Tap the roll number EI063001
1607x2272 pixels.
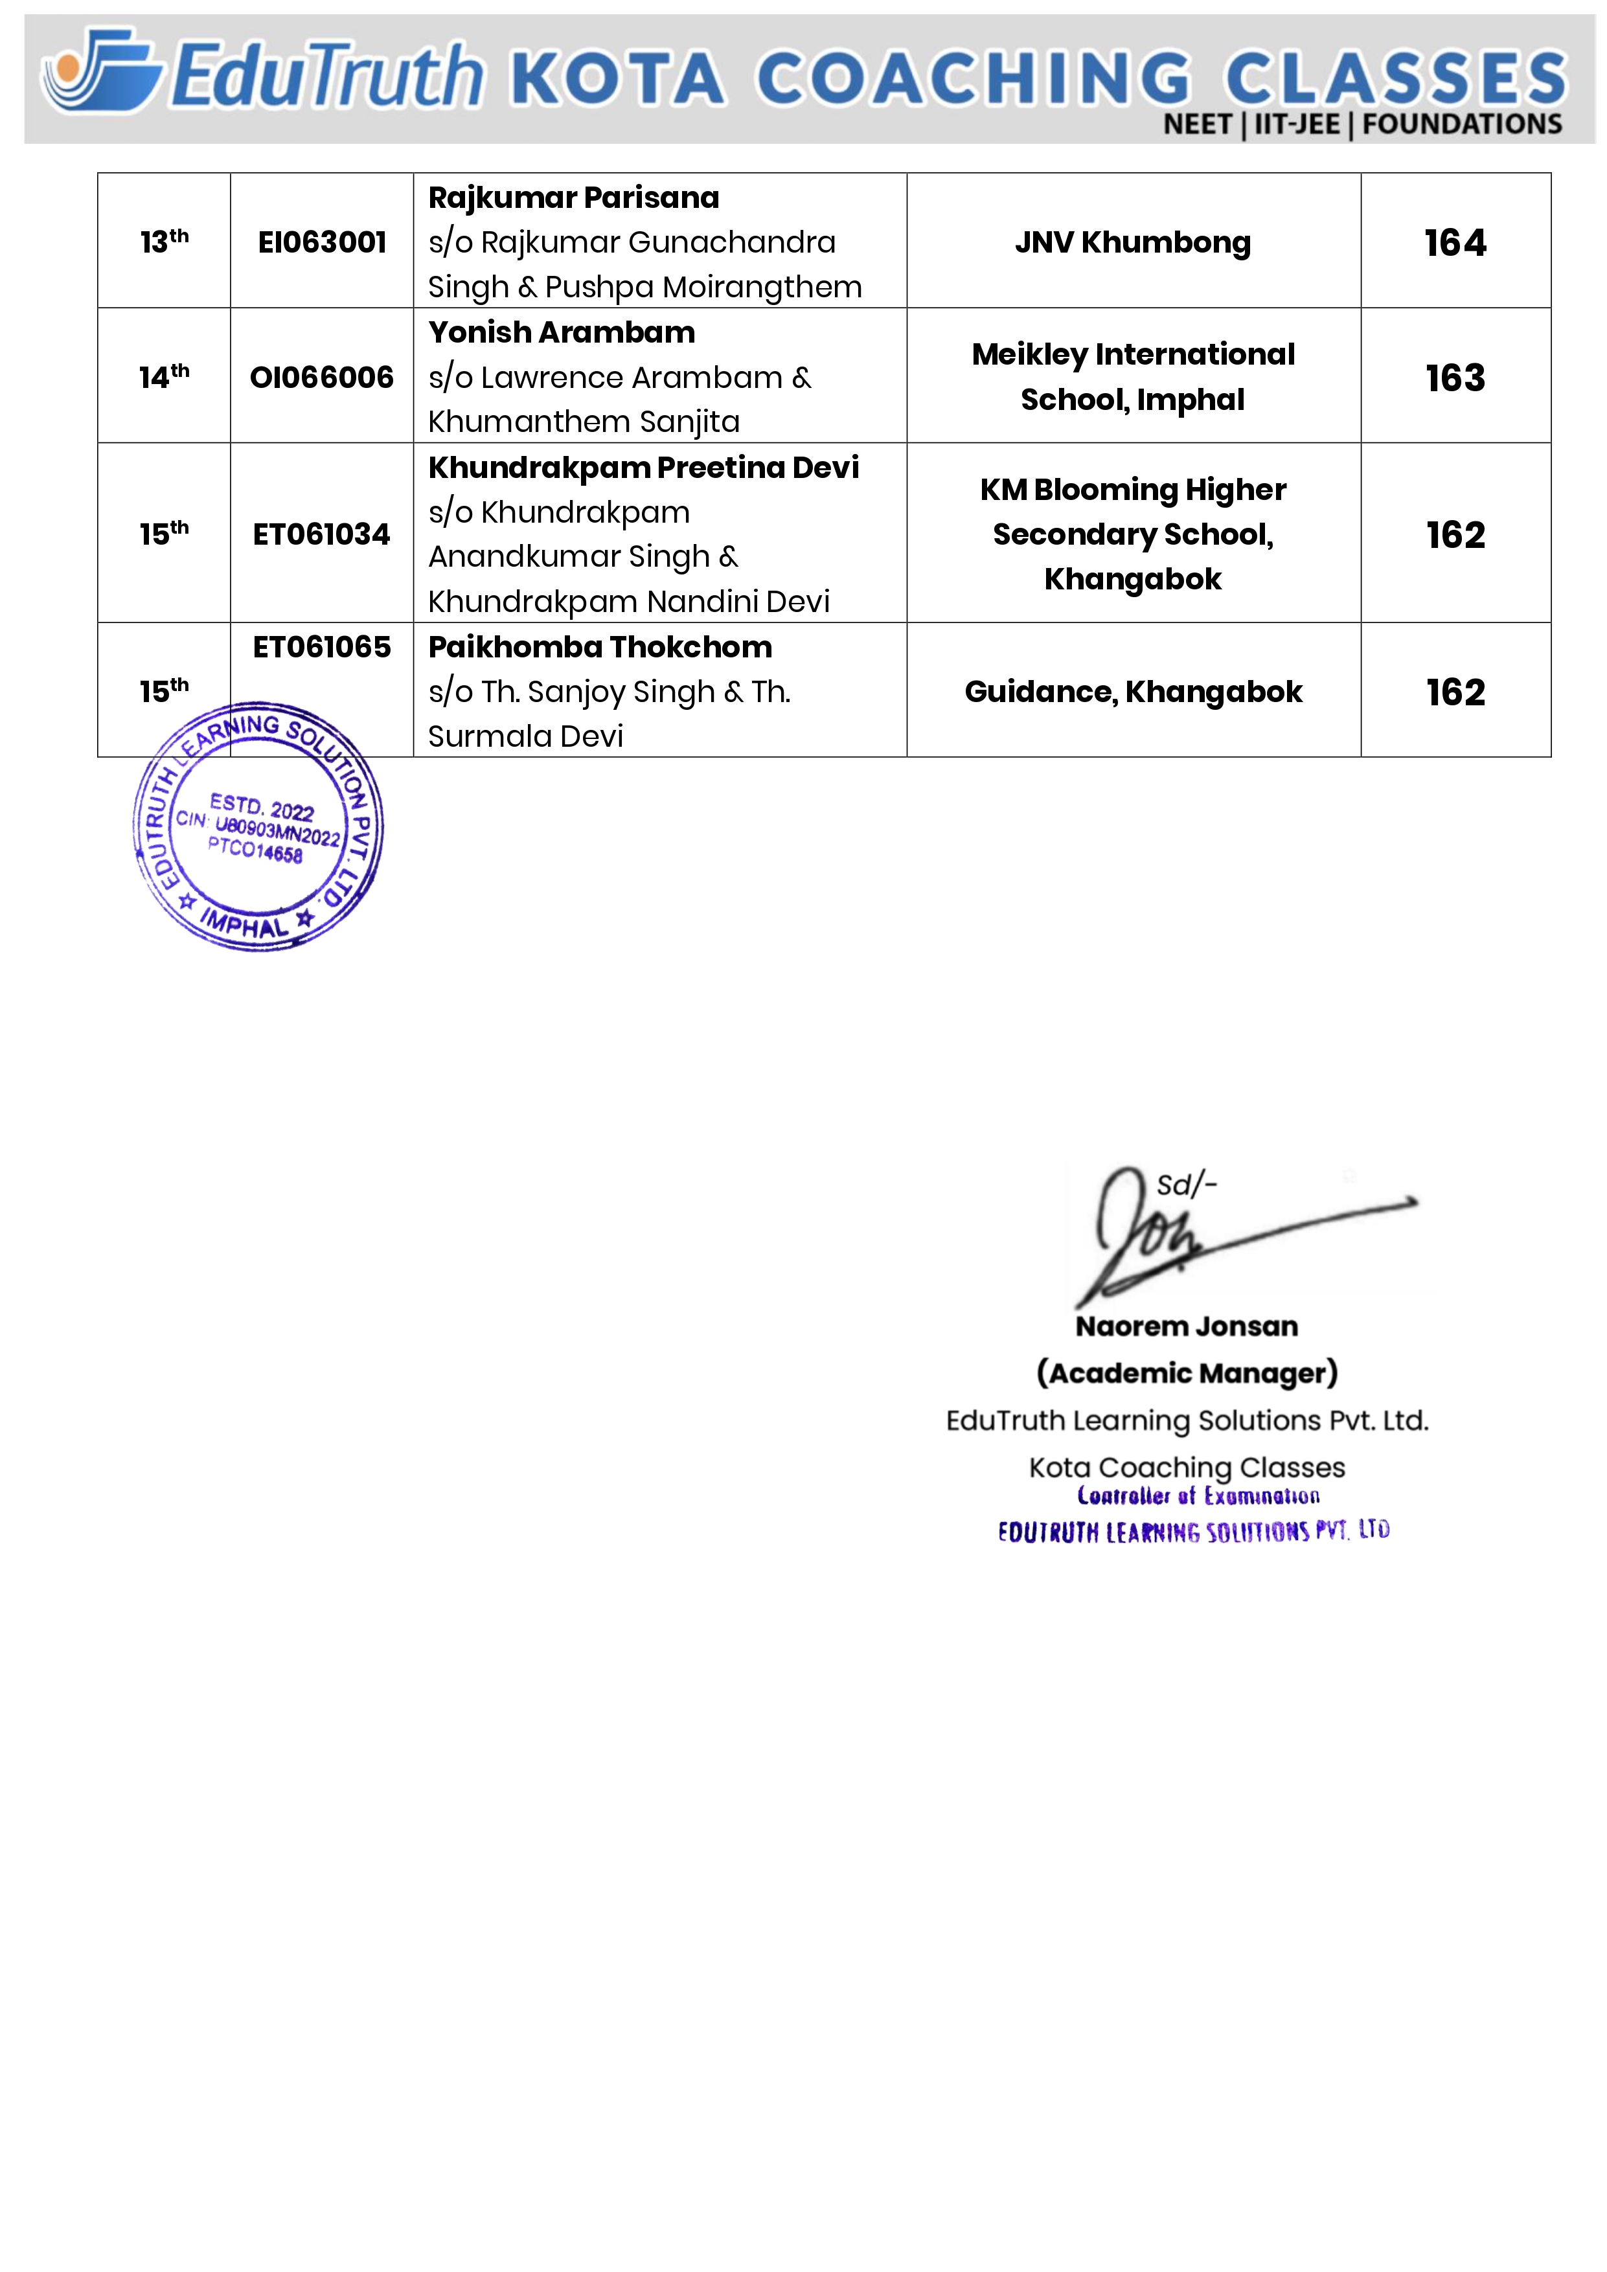coord(322,242)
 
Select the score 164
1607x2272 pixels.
coord(1455,242)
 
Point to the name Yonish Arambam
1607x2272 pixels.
coord(561,332)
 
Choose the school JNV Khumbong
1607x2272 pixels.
coord(1132,242)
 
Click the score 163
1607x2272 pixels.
coord(1455,378)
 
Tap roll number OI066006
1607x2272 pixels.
coord(322,377)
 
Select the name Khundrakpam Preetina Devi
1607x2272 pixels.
coord(643,467)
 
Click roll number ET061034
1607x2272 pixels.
coord(322,534)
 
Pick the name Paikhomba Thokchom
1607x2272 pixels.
coord(600,647)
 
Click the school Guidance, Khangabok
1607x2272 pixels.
coord(1132,692)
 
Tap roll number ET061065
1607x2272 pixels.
coord(322,647)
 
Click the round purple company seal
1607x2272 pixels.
coord(257,827)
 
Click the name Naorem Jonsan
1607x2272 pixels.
coord(1187,1326)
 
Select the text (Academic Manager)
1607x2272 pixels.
coord(1187,1374)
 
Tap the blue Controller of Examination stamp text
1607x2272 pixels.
coord(1198,1496)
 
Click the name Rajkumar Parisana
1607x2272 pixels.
coord(573,198)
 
